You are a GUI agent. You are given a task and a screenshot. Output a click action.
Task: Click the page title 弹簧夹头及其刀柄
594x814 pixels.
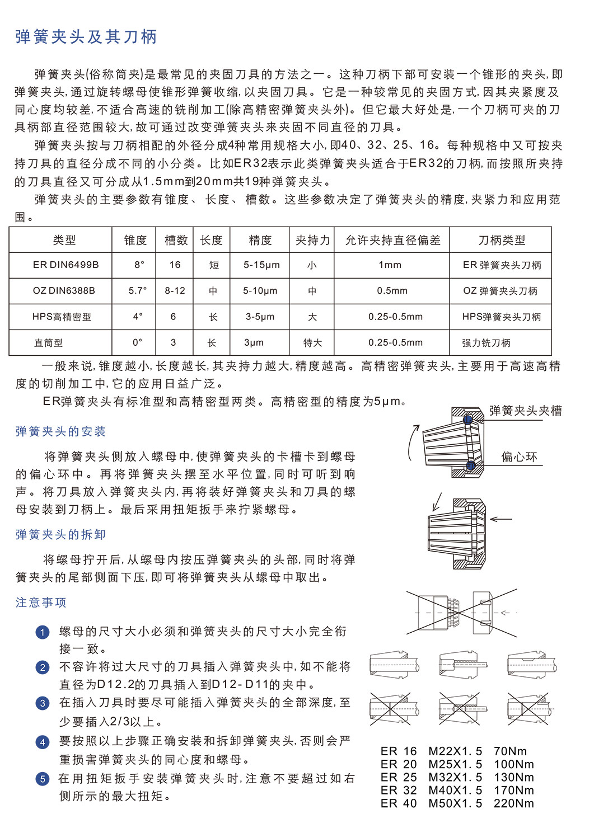[x=86, y=37]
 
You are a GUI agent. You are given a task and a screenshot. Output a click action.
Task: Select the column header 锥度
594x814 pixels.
[x=135, y=240]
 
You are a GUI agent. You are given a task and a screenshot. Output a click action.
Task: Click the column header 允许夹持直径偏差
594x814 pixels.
[x=392, y=240]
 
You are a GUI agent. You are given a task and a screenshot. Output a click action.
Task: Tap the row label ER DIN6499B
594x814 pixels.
[x=66, y=265]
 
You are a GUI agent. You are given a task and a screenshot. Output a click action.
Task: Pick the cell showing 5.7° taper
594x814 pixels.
[x=138, y=291]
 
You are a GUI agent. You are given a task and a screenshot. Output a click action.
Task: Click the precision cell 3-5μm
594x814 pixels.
[x=260, y=317]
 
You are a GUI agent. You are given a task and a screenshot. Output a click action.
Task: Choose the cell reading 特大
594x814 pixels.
[x=312, y=342]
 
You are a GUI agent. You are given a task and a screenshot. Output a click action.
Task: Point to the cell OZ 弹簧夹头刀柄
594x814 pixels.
[x=500, y=291]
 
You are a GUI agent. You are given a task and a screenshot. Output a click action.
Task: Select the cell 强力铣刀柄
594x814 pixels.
[x=486, y=342]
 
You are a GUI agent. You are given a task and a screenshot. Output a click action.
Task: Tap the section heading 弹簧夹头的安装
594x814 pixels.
[x=60, y=431]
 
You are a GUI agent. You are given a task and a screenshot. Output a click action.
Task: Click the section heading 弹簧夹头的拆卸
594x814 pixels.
[x=60, y=534]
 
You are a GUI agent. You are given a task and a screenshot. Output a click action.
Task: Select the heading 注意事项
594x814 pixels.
[x=41, y=603]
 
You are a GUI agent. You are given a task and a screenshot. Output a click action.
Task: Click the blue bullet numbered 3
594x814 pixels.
[x=43, y=703]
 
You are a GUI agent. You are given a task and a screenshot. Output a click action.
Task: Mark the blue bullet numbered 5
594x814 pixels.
[x=43, y=779]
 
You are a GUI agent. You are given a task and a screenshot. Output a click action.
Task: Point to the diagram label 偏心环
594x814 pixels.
[x=519, y=457]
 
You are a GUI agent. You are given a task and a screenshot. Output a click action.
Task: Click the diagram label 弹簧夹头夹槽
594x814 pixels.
[x=525, y=411]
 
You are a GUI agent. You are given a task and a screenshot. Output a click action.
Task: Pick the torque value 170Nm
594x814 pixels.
[x=513, y=791]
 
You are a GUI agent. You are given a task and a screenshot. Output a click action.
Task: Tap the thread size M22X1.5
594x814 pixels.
[x=455, y=751]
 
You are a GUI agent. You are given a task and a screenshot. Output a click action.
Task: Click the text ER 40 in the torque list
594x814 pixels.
[x=399, y=803]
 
